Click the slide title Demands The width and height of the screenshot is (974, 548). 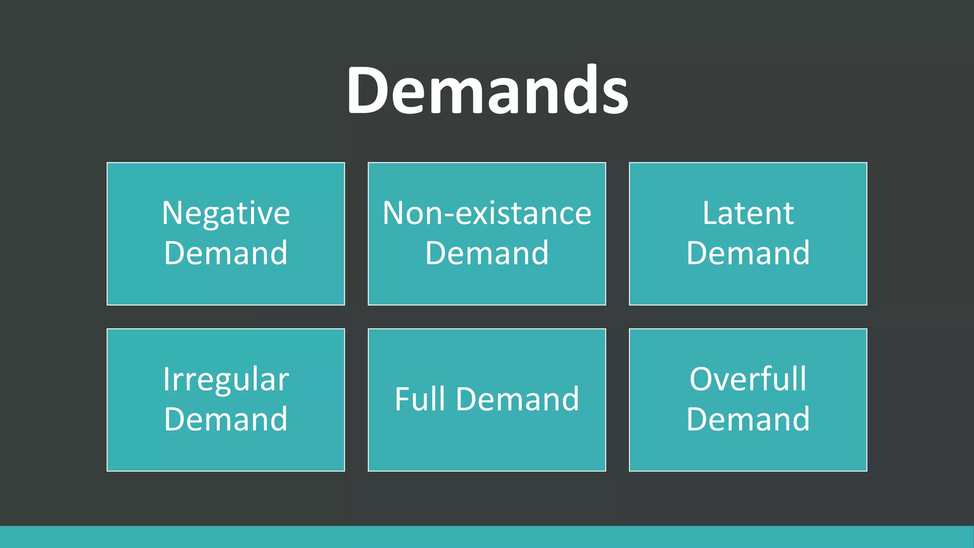pyautogui.click(x=487, y=90)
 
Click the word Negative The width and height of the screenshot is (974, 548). pyautogui.click(x=226, y=213)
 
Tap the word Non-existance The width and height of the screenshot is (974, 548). pyautogui.click(x=487, y=213)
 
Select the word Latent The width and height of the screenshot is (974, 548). pyautogui.click(x=748, y=213)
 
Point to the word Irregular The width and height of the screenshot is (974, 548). pyautogui.click(x=226, y=380)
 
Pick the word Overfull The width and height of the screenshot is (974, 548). pyautogui.click(x=748, y=379)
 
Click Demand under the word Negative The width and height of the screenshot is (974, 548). pyautogui.click(x=226, y=253)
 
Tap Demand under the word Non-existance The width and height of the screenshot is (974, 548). pyautogui.click(x=487, y=253)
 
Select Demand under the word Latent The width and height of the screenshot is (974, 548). pyautogui.click(x=748, y=253)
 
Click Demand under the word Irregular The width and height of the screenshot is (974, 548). pyautogui.click(x=226, y=420)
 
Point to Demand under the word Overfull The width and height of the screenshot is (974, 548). pyautogui.click(x=748, y=420)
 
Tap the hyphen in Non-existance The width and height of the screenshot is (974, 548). pyautogui.click(x=448, y=215)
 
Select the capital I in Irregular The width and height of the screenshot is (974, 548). pyautogui.click(x=166, y=379)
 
